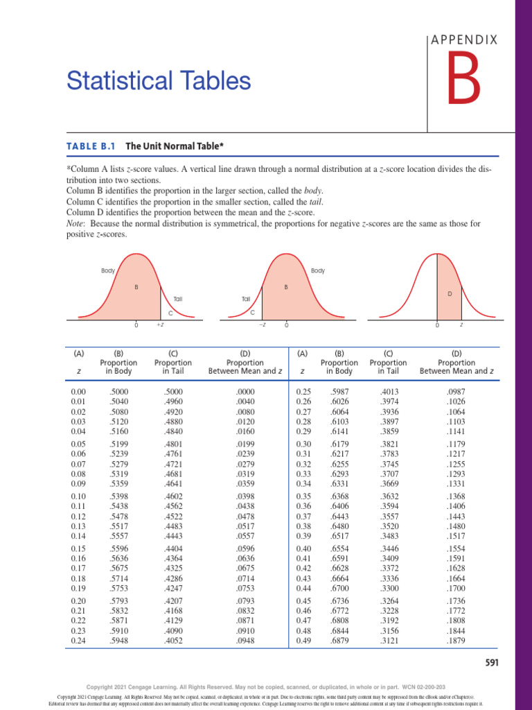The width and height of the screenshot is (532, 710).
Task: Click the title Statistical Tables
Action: click(158, 82)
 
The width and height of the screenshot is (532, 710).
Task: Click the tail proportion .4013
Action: click(388, 392)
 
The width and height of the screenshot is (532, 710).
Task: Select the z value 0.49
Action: click(305, 641)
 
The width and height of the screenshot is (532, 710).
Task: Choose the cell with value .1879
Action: click(458, 641)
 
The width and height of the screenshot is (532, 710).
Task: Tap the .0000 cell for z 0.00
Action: click(245, 392)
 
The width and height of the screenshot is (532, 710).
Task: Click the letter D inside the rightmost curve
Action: click(450, 294)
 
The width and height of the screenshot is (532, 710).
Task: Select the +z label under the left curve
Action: click(159, 324)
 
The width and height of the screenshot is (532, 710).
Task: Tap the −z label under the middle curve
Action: click(263, 324)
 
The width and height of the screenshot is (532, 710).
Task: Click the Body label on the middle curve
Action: click(318, 270)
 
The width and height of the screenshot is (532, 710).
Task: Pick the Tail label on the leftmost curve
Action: click(178, 299)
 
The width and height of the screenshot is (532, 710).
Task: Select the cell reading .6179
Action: click(339, 444)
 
